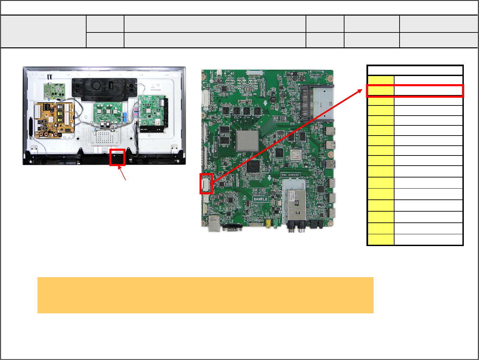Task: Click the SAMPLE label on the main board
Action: click(x=260, y=199)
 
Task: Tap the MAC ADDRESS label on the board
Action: click(x=290, y=175)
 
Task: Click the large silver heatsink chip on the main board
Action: click(x=247, y=141)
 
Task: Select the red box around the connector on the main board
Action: click(x=206, y=184)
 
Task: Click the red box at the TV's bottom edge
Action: click(x=117, y=157)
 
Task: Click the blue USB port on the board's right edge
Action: click(x=331, y=165)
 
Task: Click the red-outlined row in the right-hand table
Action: click(x=415, y=91)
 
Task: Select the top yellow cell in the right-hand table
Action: click(x=381, y=80)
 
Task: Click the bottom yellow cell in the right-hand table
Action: click(x=381, y=240)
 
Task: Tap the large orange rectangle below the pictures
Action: click(x=205, y=295)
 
